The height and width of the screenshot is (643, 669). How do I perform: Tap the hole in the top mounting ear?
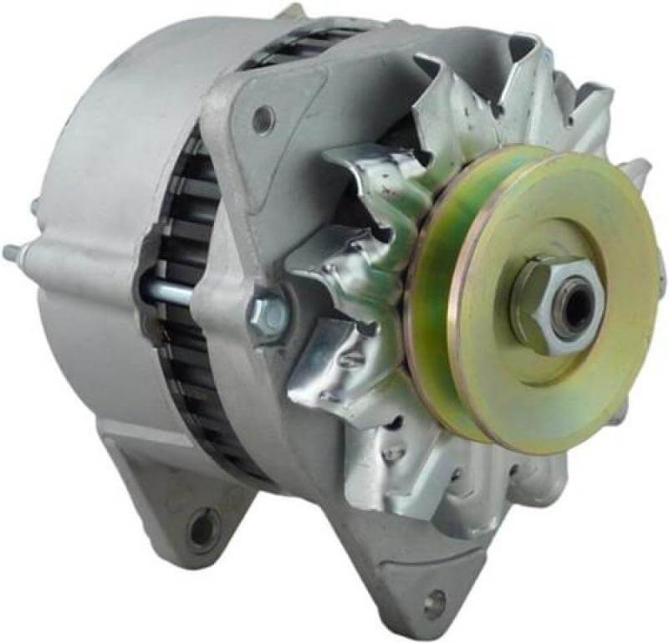pos(263,119)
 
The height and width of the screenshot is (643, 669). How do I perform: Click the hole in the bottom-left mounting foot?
pos(202,525)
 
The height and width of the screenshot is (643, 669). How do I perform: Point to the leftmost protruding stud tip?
pos(10,250)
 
